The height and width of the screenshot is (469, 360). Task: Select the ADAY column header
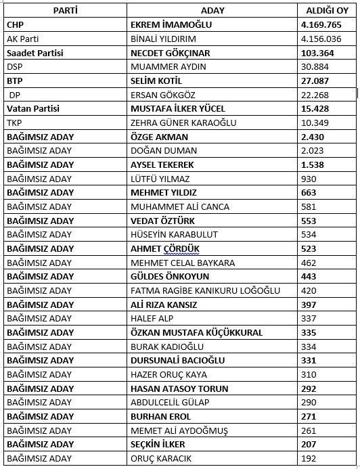pyautogui.click(x=213, y=10)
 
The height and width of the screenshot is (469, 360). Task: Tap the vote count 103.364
pyautogui.click(x=318, y=53)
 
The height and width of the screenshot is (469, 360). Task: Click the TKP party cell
pyautogui.click(x=14, y=122)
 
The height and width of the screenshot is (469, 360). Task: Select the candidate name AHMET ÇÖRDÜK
pyautogui.click(x=165, y=248)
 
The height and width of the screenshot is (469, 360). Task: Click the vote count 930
pyautogui.click(x=310, y=179)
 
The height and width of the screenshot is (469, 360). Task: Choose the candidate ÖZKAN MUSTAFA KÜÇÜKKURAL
pyautogui.click(x=196, y=332)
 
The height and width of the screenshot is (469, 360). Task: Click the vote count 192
pyautogui.click(x=310, y=458)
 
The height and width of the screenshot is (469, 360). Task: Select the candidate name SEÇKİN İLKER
pyautogui.click(x=158, y=444)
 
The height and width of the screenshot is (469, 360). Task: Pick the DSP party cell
pyautogui.click(x=14, y=66)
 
